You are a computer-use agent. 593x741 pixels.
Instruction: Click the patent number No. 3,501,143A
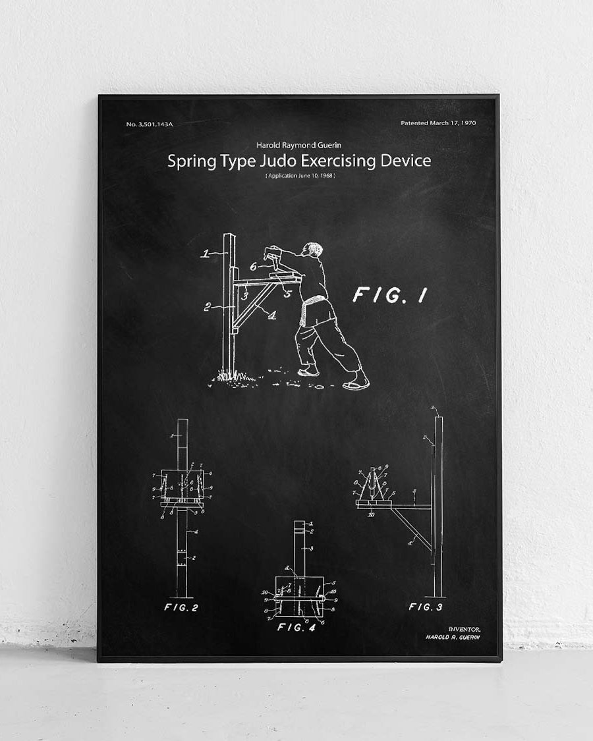149,124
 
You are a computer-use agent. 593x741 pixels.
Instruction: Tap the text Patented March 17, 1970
438,123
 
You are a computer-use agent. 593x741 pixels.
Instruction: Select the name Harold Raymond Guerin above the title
299,145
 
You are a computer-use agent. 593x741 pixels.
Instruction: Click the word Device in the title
401,161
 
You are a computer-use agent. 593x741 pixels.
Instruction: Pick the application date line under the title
300,176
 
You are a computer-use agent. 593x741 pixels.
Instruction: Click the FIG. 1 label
389,296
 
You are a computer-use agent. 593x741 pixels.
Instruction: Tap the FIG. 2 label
181,607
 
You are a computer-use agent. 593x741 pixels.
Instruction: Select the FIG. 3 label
425,607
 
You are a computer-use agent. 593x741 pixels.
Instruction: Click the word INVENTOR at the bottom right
465,630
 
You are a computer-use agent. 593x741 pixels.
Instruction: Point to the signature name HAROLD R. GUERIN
453,638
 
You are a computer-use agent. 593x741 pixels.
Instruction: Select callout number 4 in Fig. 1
271,315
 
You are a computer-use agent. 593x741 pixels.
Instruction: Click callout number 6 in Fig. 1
253,266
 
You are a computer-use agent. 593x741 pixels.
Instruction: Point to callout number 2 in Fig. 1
207,307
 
